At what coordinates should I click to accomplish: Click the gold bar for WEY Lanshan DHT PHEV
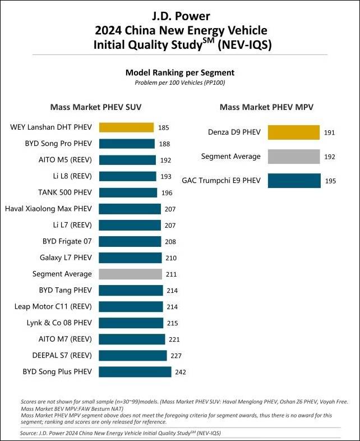[126, 127]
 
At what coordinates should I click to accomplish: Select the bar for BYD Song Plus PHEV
[135, 371]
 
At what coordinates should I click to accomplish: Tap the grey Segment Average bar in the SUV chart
[131, 274]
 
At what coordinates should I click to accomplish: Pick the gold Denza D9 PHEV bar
[294, 132]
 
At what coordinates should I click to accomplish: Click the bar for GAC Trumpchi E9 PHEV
[294, 181]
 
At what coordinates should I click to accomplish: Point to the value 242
[180, 372]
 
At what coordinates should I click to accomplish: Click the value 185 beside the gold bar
[164, 128]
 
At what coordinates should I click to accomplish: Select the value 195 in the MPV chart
[331, 181]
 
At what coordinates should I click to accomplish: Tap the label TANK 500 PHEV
[64, 192]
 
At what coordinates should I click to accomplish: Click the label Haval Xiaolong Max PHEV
[48, 209]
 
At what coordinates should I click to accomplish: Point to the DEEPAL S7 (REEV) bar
[133, 355]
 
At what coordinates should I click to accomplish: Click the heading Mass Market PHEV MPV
[266, 107]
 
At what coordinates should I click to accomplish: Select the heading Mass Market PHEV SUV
[96, 107]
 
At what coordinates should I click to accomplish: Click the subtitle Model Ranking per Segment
[179, 72]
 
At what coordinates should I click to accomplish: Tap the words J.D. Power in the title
[180, 16]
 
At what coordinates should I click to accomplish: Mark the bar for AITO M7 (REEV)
[132, 339]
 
